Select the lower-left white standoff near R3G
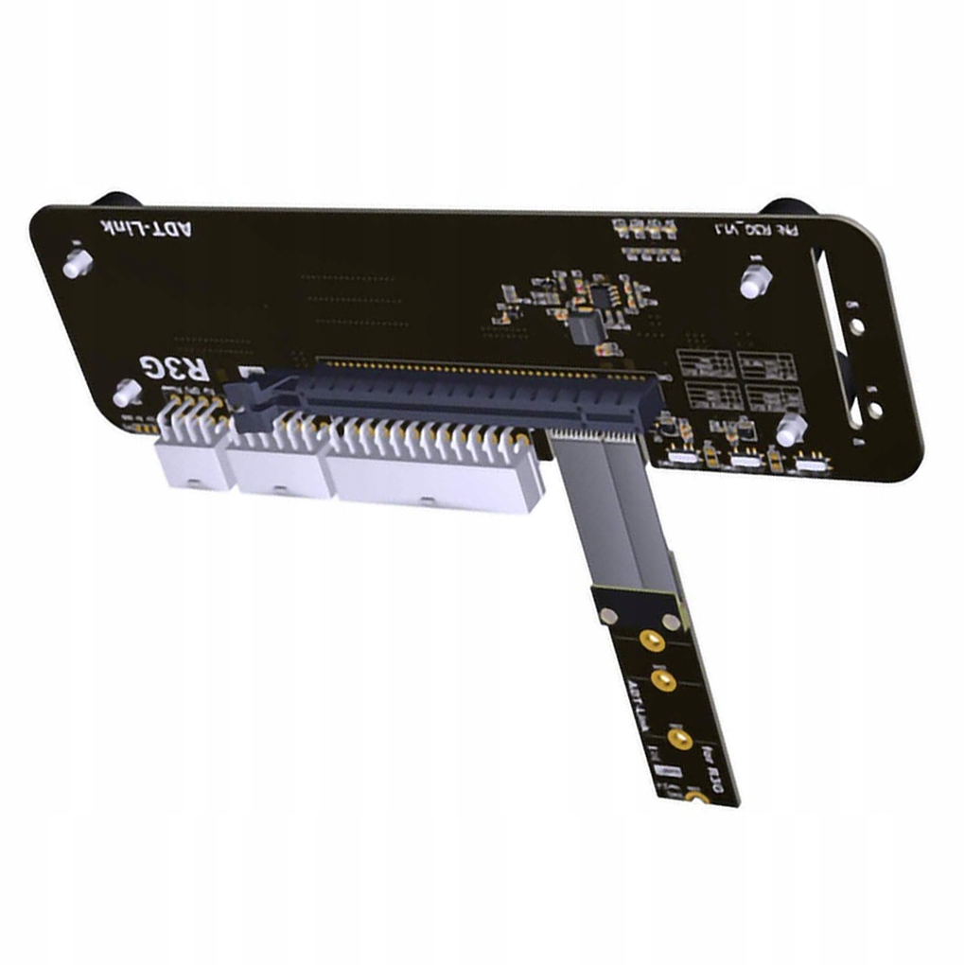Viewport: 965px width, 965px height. click(128, 393)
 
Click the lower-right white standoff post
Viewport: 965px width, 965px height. click(791, 430)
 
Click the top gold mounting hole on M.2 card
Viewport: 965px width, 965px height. click(650, 641)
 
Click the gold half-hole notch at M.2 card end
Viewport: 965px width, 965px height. click(698, 802)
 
